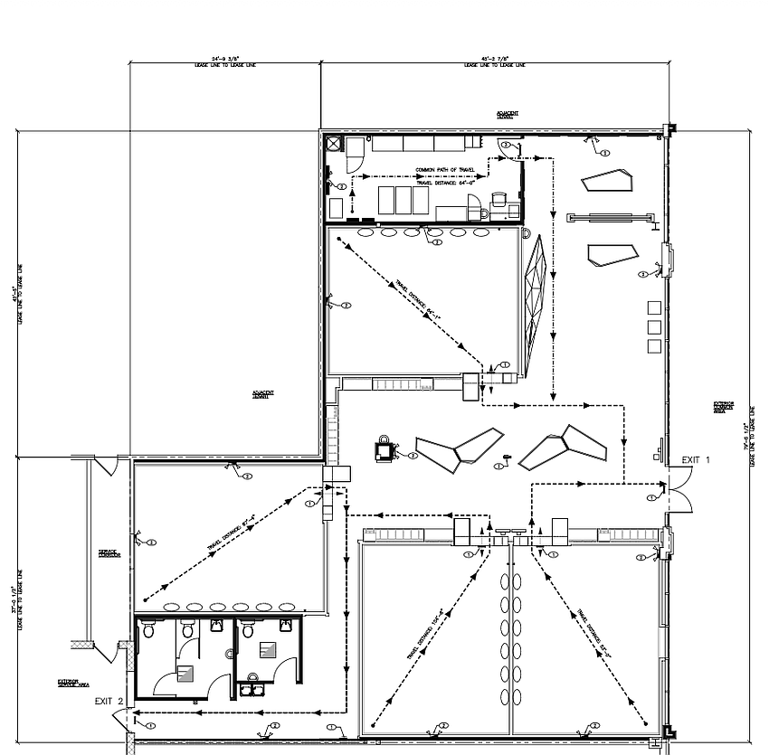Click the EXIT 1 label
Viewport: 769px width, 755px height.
[696, 460]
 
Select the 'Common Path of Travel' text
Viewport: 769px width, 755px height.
[444, 170]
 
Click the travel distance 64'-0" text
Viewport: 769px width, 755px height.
[447, 182]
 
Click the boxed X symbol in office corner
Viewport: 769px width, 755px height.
[333, 143]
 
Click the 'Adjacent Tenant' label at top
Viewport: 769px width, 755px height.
[507, 115]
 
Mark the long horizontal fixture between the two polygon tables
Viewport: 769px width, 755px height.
[610, 216]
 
